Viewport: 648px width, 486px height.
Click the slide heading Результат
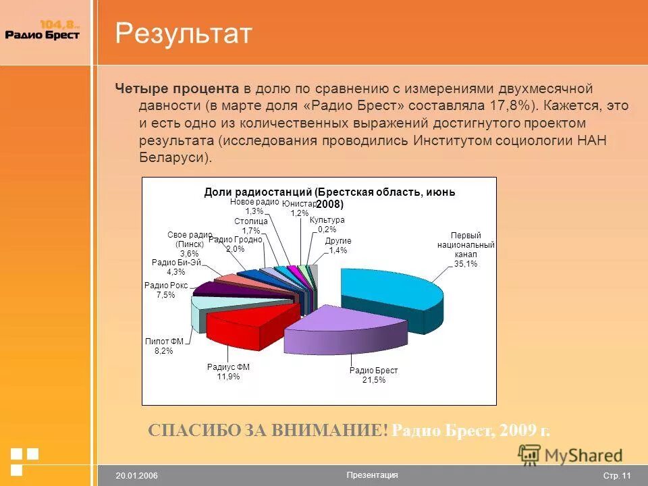click(x=183, y=34)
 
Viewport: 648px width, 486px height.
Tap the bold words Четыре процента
click(x=177, y=88)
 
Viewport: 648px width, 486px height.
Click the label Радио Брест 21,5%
click(x=373, y=375)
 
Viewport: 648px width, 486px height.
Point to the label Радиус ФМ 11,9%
click(x=228, y=372)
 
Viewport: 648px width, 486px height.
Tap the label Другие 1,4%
click(x=337, y=246)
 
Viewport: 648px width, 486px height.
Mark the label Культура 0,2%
click(x=327, y=225)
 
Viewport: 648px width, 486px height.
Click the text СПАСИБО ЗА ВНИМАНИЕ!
click(x=268, y=431)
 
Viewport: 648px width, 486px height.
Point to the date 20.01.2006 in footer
click(x=136, y=476)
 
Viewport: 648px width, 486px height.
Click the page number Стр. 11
click(x=616, y=476)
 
